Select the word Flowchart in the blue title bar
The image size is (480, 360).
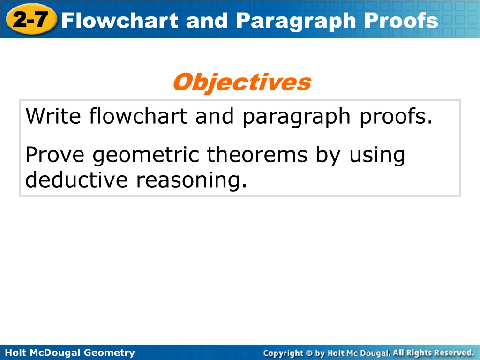pyautogui.click(x=120, y=21)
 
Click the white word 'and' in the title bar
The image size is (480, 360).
pyautogui.click(x=207, y=21)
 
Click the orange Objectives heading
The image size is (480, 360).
pyautogui.click(x=242, y=82)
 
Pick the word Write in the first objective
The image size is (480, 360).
pyautogui.click(x=53, y=116)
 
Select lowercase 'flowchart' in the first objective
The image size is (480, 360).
pyautogui.click(x=138, y=116)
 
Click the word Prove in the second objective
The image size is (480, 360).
pyautogui.click(x=55, y=155)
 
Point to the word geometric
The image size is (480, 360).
pyautogui.click(x=146, y=156)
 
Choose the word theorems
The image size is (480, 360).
pyautogui.click(x=257, y=154)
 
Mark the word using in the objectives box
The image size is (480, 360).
pyautogui.click(x=377, y=156)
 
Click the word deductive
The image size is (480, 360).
pyautogui.click(x=76, y=180)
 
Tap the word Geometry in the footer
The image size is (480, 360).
pyautogui.click(x=109, y=352)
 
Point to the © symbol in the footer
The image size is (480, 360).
pyautogui.click(x=309, y=353)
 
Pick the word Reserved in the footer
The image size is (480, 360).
pyautogui.click(x=454, y=352)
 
